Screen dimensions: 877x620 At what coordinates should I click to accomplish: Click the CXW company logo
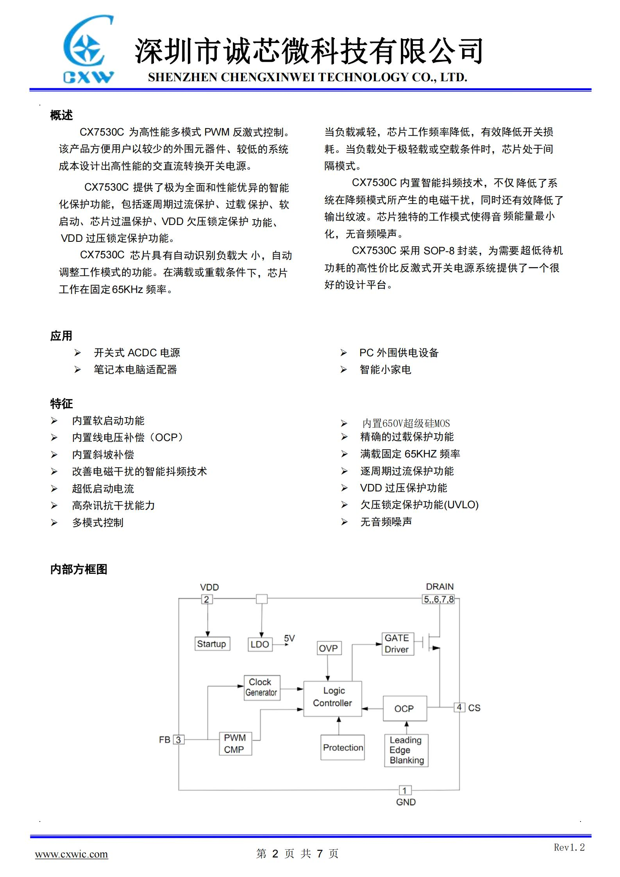(x=88, y=50)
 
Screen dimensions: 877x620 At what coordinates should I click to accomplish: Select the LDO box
(x=260, y=644)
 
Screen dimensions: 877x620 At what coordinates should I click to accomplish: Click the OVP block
(x=328, y=648)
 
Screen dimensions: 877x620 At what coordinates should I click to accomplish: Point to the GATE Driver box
(x=397, y=643)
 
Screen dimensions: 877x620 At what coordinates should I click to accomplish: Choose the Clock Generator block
(x=261, y=688)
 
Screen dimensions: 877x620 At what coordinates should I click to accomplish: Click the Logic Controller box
(x=332, y=698)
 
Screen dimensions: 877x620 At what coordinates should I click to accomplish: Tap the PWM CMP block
(x=235, y=743)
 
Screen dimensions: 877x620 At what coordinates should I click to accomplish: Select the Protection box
(x=343, y=747)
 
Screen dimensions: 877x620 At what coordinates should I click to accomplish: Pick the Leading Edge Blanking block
(x=406, y=750)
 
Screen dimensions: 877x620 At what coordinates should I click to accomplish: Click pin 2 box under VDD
(x=207, y=599)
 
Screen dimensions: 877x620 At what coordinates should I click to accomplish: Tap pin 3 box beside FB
(x=179, y=739)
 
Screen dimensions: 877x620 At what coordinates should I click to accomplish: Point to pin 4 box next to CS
(x=459, y=707)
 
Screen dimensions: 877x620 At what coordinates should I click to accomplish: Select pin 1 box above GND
(x=405, y=790)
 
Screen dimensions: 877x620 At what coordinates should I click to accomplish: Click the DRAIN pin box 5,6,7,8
(x=439, y=599)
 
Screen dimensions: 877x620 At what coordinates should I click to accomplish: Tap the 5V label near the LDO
(x=289, y=638)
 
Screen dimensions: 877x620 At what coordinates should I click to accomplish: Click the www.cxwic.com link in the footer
(x=71, y=854)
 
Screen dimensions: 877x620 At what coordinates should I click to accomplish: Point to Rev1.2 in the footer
(x=569, y=847)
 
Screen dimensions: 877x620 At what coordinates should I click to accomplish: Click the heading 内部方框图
(x=79, y=569)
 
